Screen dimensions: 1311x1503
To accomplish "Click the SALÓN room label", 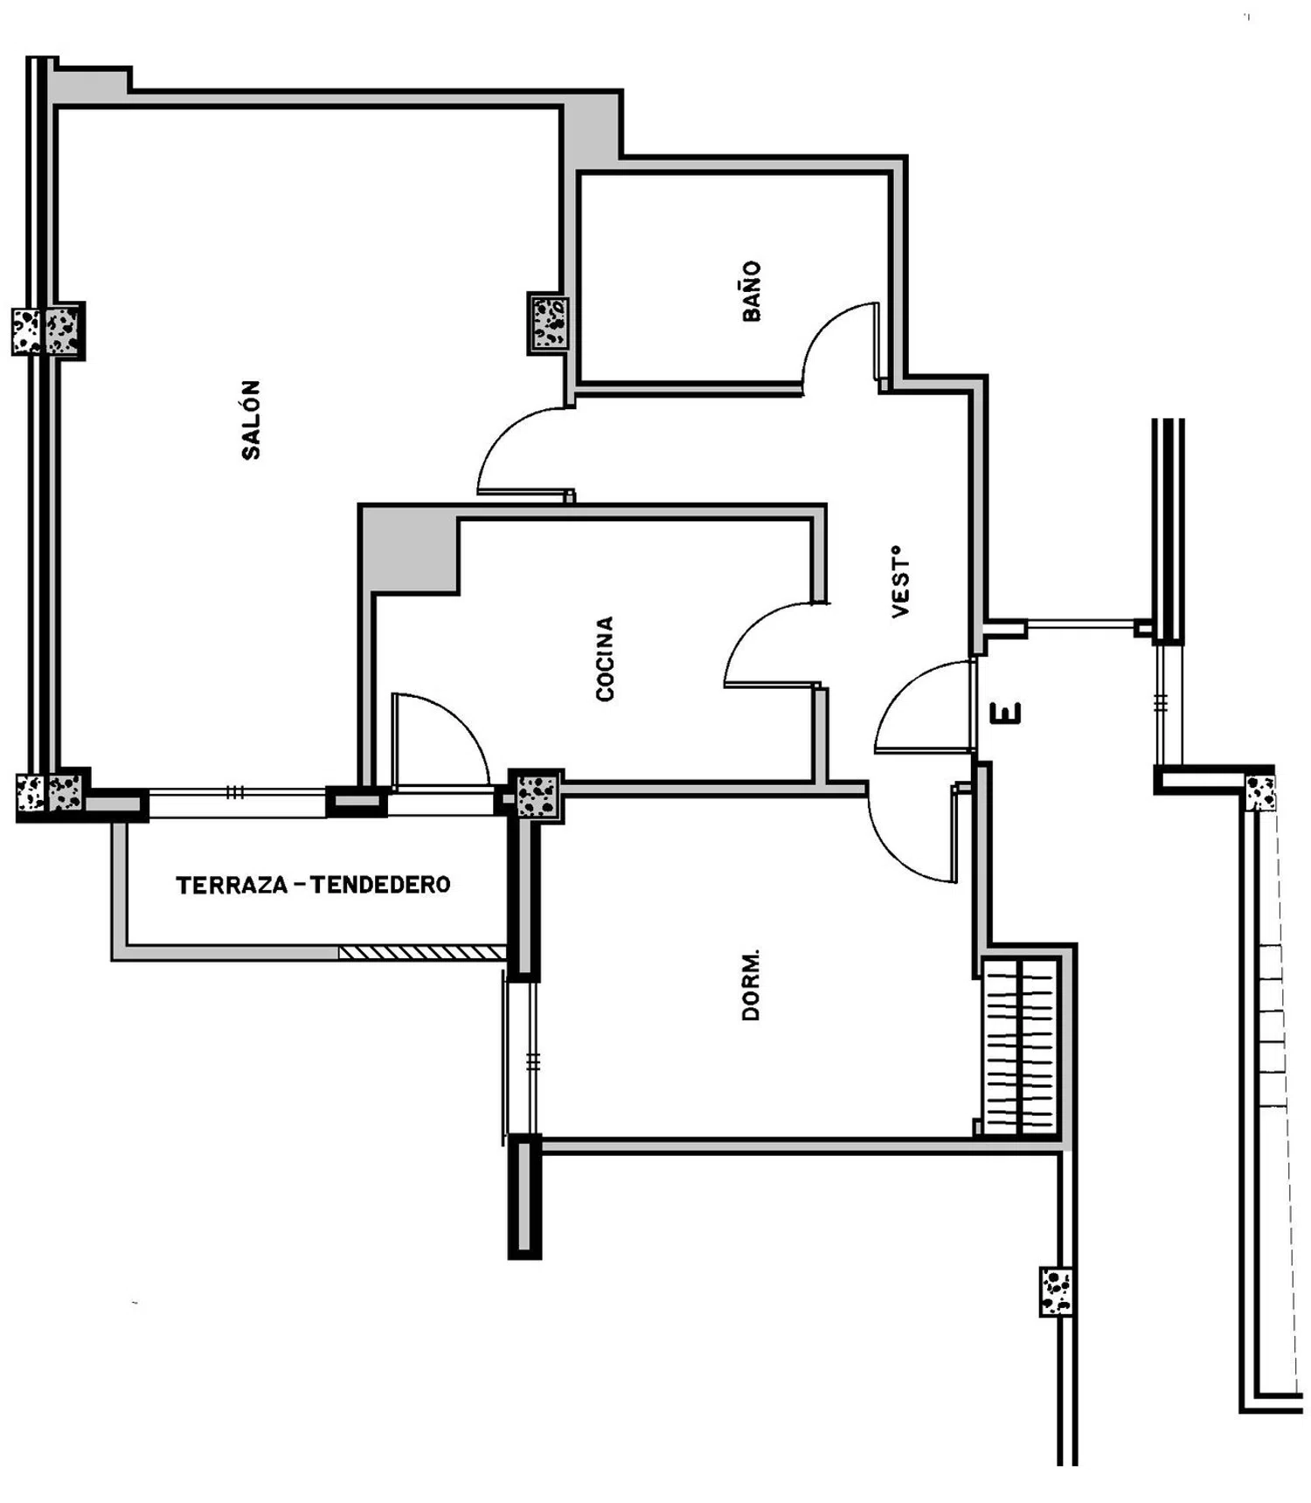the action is [x=251, y=419].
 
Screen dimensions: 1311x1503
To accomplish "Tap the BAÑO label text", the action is [x=752, y=291].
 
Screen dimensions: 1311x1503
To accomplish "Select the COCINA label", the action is [x=605, y=658].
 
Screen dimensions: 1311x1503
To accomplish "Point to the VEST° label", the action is [x=900, y=581].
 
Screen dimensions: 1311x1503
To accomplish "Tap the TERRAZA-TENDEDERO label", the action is [x=313, y=885].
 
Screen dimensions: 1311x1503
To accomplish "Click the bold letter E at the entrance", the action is [x=1006, y=713].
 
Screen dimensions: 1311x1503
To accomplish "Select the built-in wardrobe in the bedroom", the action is [x=1020, y=1046].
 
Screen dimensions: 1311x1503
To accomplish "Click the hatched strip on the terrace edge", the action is [x=423, y=952].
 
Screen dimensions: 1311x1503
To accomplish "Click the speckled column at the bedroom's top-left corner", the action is [x=537, y=796].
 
